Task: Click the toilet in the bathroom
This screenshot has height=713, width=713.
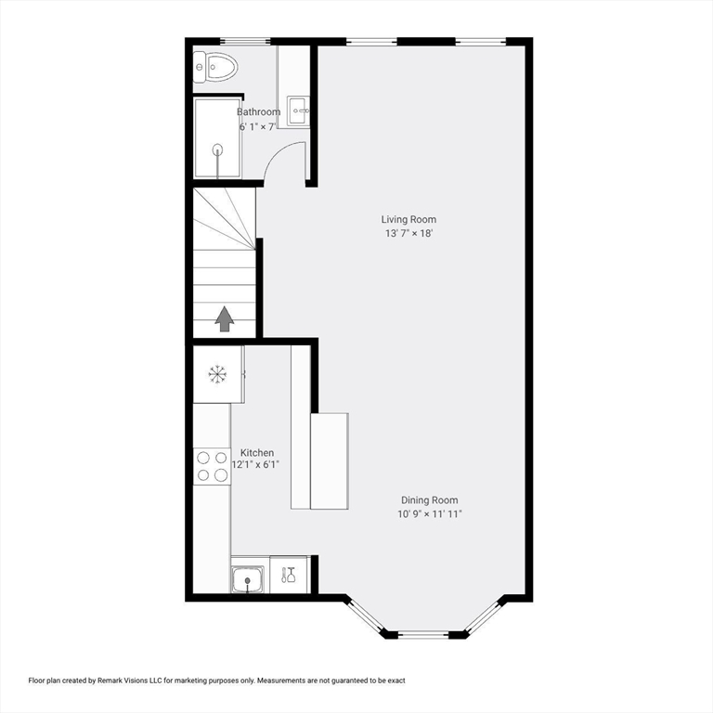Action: (x=215, y=67)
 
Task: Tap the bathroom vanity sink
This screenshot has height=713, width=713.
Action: (x=298, y=110)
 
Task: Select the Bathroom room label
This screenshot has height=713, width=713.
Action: (x=259, y=111)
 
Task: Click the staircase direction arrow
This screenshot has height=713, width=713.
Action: (x=225, y=318)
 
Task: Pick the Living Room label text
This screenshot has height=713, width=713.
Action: (x=408, y=220)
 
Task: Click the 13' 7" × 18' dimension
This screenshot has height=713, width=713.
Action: (x=408, y=234)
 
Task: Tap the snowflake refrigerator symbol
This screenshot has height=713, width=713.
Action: (x=217, y=374)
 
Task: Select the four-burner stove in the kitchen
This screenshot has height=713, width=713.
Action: (x=212, y=466)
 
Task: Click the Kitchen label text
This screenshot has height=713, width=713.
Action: (x=257, y=453)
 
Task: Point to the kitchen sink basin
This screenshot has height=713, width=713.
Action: (x=248, y=579)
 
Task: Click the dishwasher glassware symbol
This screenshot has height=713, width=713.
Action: (x=289, y=575)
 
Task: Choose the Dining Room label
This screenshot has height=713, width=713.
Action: (x=429, y=500)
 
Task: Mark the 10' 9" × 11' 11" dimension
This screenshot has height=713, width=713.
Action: (x=430, y=514)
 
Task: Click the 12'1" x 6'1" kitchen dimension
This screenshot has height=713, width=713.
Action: (x=255, y=465)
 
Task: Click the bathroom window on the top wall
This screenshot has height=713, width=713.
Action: (x=245, y=42)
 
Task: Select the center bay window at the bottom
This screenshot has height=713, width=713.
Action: (x=423, y=634)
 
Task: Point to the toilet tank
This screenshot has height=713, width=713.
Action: (x=200, y=67)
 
